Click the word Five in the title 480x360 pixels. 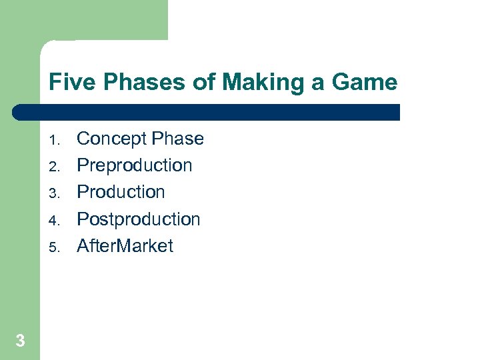pos(69,83)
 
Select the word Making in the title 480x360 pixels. pos(259,83)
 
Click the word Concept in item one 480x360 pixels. pos(112,139)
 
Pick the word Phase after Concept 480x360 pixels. pos(177,139)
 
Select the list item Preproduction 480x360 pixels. pos(135,165)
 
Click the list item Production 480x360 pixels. pos(121,192)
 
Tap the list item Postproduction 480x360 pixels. pos(139,219)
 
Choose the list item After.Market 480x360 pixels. pos(125,246)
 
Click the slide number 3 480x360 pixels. pos(20,341)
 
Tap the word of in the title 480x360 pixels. pos(203,83)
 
